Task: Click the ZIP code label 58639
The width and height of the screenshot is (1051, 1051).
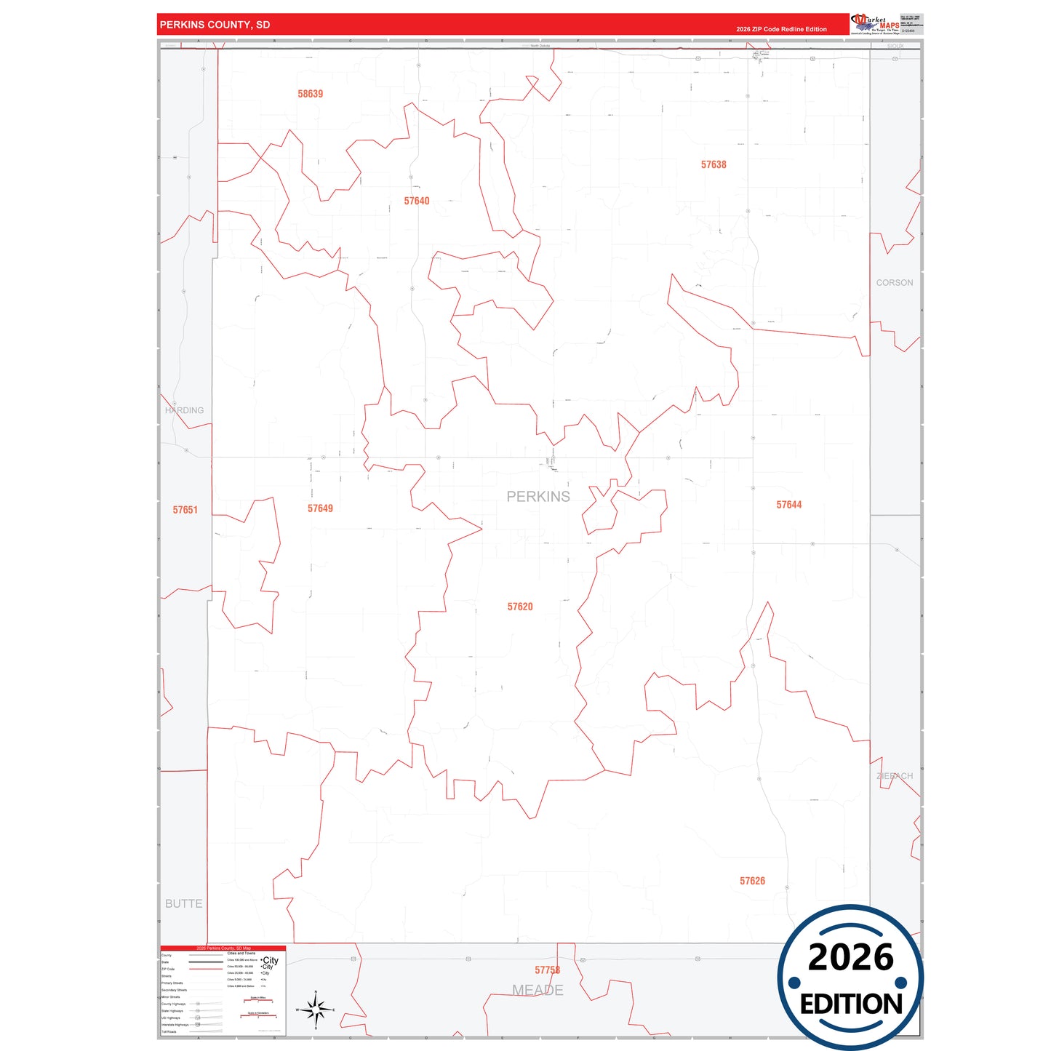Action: (x=310, y=94)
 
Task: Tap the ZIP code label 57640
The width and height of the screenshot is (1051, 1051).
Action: (x=417, y=201)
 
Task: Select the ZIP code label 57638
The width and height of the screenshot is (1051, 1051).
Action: (x=714, y=164)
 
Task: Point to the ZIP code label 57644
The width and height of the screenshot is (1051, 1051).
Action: (x=788, y=505)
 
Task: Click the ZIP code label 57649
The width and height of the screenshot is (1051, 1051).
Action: (x=320, y=508)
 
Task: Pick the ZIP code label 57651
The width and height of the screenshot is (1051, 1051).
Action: (x=185, y=510)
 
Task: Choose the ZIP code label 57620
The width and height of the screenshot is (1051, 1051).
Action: (x=520, y=607)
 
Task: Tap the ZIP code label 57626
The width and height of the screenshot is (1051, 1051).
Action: (x=752, y=881)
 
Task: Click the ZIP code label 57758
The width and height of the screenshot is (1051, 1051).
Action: (x=547, y=970)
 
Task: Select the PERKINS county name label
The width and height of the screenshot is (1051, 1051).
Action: (x=538, y=497)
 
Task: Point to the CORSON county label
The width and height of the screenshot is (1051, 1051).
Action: (x=894, y=283)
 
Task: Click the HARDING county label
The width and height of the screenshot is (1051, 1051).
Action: (x=185, y=410)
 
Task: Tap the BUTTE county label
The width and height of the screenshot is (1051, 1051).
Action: (x=183, y=903)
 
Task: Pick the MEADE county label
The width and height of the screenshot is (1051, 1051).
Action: (x=538, y=990)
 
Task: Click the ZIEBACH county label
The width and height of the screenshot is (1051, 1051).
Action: (x=895, y=776)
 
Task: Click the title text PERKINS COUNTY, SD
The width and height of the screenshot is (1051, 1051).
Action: (x=215, y=25)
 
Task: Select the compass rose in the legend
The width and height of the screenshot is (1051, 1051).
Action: (x=315, y=1010)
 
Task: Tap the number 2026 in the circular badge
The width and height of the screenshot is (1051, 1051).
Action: (x=850, y=957)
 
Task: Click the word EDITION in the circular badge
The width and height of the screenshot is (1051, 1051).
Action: (x=851, y=1004)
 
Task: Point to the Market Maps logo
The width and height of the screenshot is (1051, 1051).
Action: (x=875, y=24)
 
